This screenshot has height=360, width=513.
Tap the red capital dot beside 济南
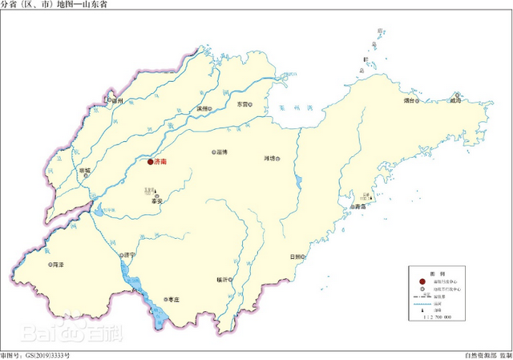[150, 162]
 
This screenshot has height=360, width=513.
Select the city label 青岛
[360, 207]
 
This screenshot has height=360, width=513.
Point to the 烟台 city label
[409, 102]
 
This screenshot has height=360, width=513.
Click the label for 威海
[456, 102]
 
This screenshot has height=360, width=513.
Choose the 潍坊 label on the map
[269, 158]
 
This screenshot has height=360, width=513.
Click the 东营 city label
[242, 105]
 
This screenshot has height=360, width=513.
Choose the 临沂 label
[220, 279]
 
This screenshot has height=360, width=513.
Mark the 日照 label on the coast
[293, 257]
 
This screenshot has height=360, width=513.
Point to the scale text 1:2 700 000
[435, 318]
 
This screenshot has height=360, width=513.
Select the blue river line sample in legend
[422, 304]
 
